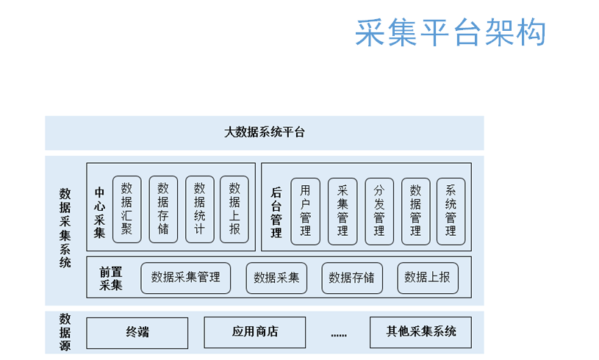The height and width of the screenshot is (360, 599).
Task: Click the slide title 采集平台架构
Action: [451, 33]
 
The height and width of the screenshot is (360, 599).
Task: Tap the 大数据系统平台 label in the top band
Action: [265, 132]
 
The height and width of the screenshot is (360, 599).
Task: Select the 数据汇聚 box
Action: [127, 209]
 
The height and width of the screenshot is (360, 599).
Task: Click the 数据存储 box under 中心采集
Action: [163, 209]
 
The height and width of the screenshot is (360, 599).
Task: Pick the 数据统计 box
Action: [199, 209]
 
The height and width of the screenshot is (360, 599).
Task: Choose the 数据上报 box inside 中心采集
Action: [234, 209]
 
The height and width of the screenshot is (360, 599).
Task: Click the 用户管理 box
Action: [305, 211]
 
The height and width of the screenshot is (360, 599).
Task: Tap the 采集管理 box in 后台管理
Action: [342, 211]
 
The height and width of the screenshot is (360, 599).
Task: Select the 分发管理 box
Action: [379, 211]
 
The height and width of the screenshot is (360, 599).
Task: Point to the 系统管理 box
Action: [451, 211]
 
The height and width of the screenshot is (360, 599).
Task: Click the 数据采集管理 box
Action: [186, 278]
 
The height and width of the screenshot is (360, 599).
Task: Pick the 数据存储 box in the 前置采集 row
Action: [352, 278]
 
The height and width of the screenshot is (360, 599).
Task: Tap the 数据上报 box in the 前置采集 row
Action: [428, 278]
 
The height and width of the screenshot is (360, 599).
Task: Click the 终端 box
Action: [137, 333]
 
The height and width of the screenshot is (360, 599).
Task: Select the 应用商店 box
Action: [255, 332]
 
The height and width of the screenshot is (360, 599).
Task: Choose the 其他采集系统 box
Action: [420, 332]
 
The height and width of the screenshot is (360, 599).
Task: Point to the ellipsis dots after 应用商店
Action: [339, 335]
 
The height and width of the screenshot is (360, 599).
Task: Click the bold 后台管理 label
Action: [276, 212]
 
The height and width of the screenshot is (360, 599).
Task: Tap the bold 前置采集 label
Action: [111, 278]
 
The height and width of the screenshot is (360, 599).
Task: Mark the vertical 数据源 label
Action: [65, 332]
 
